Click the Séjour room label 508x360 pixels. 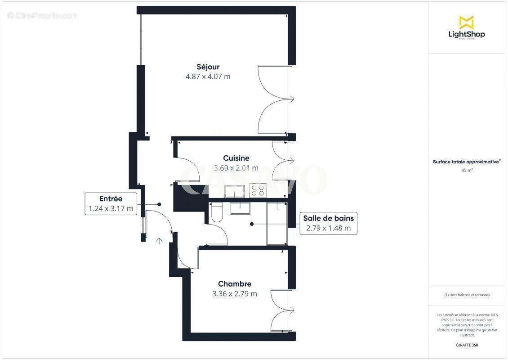click(x=208, y=67)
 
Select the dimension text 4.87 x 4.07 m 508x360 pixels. click(x=208, y=76)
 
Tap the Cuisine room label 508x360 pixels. click(x=236, y=158)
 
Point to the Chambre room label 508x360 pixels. click(x=235, y=284)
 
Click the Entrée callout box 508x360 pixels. click(x=111, y=203)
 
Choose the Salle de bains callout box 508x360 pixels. click(x=328, y=223)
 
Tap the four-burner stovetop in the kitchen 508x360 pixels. click(x=257, y=191)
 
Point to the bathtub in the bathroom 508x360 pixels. click(x=277, y=224)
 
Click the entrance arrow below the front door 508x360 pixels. click(x=159, y=241)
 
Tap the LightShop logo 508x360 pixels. click(x=467, y=27)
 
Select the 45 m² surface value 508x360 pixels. click(x=467, y=170)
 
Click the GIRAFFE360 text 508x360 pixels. click(x=467, y=345)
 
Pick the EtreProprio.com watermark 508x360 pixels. click(x=43, y=15)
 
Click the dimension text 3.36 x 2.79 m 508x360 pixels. click(x=235, y=294)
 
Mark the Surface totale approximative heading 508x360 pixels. click(x=466, y=162)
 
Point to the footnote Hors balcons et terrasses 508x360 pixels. click(x=467, y=295)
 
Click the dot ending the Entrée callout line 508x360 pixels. click(x=159, y=204)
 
